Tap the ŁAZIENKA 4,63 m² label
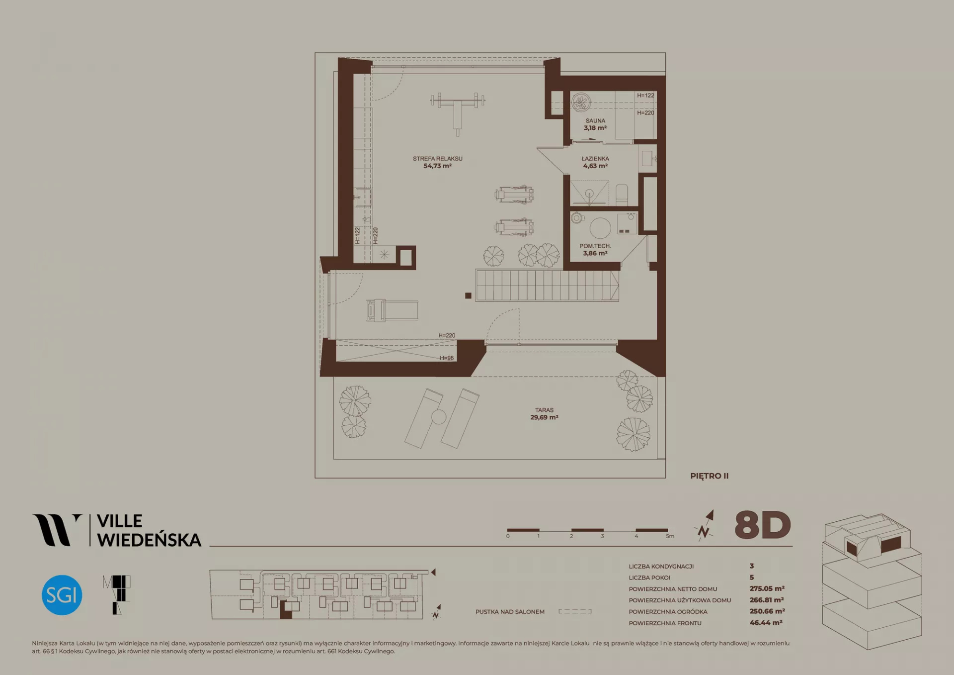pyautogui.click(x=595, y=162)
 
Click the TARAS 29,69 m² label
pyautogui.click(x=544, y=414)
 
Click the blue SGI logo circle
pyautogui.click(x=62, y=595)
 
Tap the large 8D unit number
pyautogui.click(x=762, y=525)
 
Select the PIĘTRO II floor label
pyautogui.click(x=709, y=476)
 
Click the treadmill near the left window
pyautogui.click(x=392, y=310)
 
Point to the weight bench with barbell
pyautogui.click(x=458, y=110)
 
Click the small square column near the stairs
pyautogui.click(x=468, y=295)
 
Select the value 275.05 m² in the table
pyautogui.click(x=767, y=588)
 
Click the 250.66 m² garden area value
pyautogui.click(x=767, y=611)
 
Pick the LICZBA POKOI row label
pyautogui.click(x=649, y=578)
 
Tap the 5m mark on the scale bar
pyautogui.click(x=670, y=536)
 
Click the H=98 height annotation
pyautogui.click(x=447, y=358)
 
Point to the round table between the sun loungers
pyautogui.click(x=439, y=417)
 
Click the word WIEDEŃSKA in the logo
pyautogui.click(x=149, y=539)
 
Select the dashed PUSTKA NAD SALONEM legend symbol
pyautogui.click(x=575, y=611)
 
